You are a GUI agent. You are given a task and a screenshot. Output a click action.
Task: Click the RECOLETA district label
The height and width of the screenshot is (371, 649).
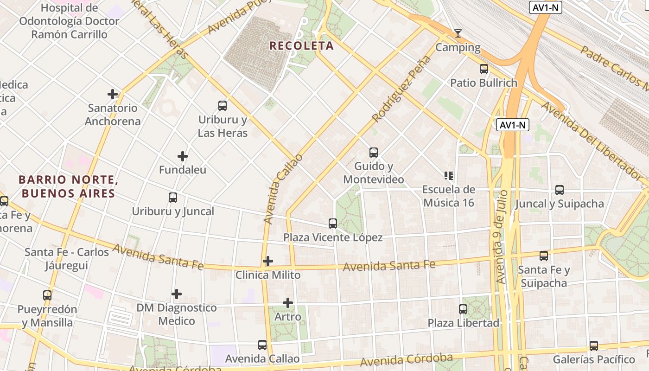[x=301, y=45]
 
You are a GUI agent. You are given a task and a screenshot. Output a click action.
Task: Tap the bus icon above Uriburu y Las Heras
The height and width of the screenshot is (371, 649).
[x=223, y=106]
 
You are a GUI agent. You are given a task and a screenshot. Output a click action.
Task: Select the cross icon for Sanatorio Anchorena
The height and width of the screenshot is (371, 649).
[x=113, y=94]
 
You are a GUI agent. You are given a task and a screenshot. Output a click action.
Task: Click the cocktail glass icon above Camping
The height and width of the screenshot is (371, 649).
[x=458, y=33]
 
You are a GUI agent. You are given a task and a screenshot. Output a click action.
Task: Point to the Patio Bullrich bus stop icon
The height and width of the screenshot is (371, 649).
[x=484, y=69]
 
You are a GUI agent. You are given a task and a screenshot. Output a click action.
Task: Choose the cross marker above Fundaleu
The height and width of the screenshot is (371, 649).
[x=183, y=156]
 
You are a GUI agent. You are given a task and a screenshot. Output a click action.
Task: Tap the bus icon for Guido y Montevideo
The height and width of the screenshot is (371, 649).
[x=374, y=152]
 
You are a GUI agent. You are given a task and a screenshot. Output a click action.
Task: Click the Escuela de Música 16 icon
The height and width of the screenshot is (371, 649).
[x=449, y=175]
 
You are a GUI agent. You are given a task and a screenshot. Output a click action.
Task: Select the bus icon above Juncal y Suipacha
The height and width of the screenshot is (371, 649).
[x=560, y=190]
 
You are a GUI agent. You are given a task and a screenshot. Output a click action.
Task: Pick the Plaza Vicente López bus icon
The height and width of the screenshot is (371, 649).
[x=333, y=224]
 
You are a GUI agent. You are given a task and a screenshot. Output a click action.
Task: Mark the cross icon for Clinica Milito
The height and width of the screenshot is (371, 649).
[x=268, y=261]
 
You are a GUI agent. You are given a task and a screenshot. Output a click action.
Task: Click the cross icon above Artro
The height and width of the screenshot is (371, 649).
[x=288, y=303]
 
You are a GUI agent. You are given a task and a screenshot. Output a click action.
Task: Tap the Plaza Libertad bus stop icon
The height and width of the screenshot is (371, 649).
[x=463, y=309]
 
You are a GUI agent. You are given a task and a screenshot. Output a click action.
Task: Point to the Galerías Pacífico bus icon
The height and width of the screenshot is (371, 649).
[x=594, y=345]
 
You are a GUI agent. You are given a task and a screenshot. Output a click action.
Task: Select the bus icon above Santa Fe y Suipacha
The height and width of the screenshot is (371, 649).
[x=544, y=256]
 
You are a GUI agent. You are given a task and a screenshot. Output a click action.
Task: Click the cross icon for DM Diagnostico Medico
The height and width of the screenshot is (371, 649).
[x=177, y=294]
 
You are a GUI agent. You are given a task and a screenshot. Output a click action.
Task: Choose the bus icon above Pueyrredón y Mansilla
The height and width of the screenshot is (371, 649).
[x=47, y=295]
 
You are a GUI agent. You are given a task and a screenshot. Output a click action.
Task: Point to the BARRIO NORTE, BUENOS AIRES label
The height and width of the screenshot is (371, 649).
[x=67, y=186]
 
